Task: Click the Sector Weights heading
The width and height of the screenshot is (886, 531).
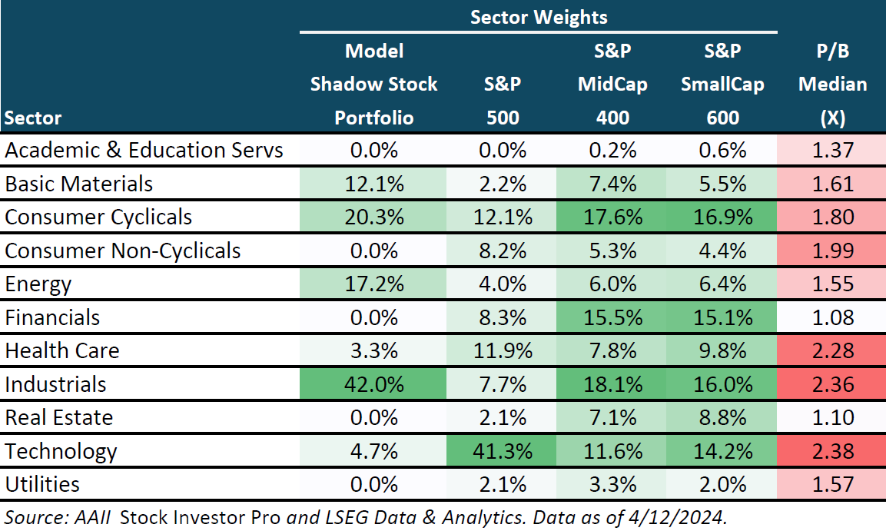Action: [539, 17]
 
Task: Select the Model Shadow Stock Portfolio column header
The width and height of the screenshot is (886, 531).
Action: [373, 84]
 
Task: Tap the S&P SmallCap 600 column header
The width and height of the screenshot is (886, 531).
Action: [722, 84]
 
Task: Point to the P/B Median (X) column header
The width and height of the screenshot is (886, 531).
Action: [832, 84]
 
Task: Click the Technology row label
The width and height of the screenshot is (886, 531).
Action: [61, 451]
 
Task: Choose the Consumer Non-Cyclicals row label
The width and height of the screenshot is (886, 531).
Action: [123, 251]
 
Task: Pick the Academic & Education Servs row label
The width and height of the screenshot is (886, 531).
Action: [144, 150]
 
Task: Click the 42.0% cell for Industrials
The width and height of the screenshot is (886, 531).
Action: [373, 384]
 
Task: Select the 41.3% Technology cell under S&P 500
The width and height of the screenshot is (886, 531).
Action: [503, 451]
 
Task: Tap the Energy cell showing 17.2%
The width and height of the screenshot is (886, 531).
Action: [373, 284]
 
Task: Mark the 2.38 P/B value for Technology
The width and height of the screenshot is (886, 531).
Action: [832, 451]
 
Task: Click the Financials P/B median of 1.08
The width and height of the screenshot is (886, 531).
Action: [832, 317]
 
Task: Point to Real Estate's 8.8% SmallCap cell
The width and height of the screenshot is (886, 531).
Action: [722, 417]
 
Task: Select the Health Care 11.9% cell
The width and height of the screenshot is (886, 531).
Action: [503, 351]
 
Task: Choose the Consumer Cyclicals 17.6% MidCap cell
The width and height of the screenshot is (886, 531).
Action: [612, 217]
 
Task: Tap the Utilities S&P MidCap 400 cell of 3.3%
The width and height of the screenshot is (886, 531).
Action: [612, 484]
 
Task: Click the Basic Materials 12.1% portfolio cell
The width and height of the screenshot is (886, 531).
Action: [373, 184]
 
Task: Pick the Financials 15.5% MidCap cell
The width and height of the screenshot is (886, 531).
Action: [612, 317]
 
